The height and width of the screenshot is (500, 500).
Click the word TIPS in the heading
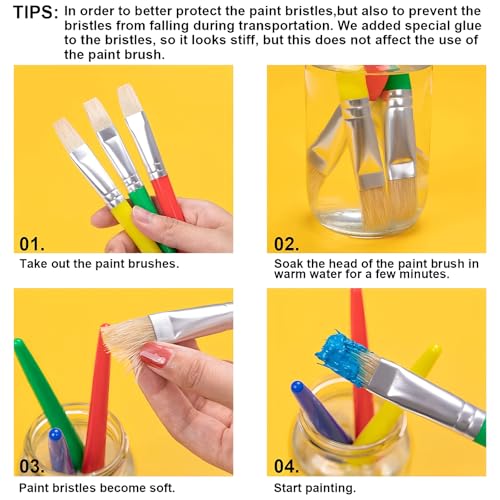point(31,12)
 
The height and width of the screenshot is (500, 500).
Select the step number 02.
point(287,242)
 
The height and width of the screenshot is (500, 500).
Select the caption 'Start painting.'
point(314,488)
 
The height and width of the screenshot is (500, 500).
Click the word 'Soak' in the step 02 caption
point(288,264)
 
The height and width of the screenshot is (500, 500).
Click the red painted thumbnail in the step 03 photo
point(156,354)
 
